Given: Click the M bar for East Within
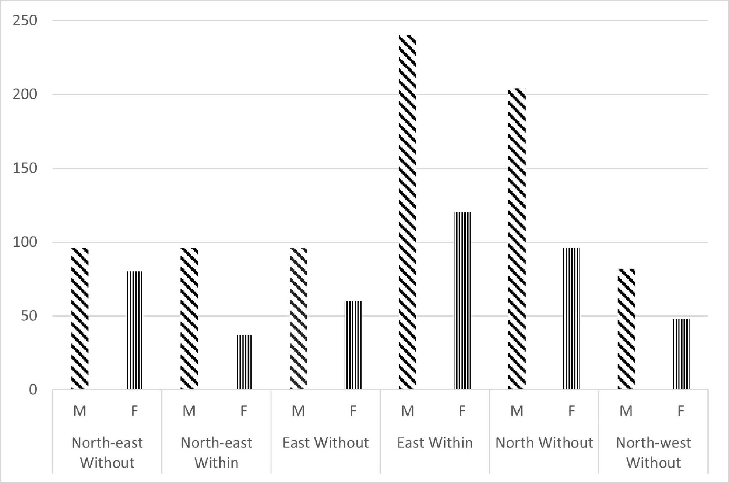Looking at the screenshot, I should [x=408, y=212].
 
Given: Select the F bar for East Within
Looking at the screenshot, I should [x=462, y=301].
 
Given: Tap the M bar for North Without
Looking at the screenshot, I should [x=517, y=239].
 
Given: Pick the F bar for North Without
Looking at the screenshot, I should [x=571, y=318].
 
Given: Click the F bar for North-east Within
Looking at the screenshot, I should [x=244, y=362].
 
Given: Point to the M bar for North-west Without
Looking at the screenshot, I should [x=626, y=329].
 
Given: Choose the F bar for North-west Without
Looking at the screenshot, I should [x=681, y=354].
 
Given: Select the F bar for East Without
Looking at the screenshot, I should [x=353, y=345].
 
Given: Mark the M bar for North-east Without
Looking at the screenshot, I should [x=80, y=318].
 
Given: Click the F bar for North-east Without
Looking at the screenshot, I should [x=135, y=330].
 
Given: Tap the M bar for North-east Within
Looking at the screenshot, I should [x=189, y=318].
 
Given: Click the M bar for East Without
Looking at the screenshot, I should [x=298, y=318].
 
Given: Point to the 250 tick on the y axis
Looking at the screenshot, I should [x=25, y=21].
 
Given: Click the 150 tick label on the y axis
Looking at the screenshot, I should [x=25, y=168].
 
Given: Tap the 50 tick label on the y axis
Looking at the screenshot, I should [x=29, y=316].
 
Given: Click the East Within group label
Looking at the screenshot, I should [x=435, y=443].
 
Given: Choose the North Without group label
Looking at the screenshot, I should [x=544, y=443].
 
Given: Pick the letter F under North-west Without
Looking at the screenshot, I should [x=681, y=410].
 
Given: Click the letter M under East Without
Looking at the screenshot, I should [x=298, y=410].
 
